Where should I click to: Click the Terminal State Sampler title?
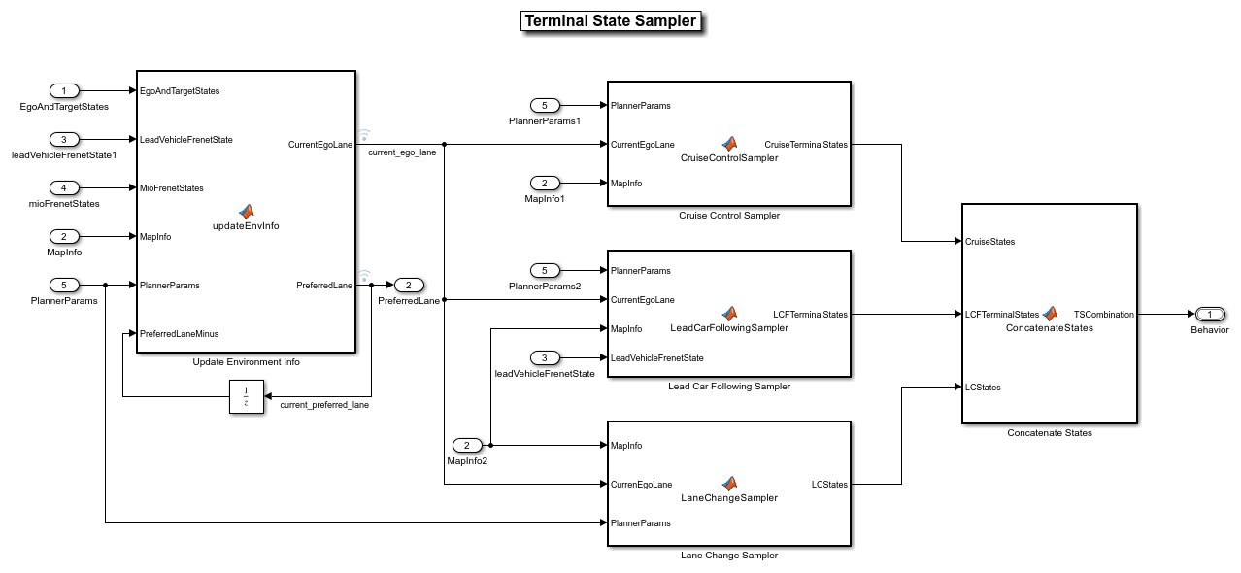point(610,21)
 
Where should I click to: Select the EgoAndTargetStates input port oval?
point(64,91)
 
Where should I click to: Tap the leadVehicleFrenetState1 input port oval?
point(64,140)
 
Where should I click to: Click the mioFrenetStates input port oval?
point(64,187)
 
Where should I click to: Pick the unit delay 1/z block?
point(247,396)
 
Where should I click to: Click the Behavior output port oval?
point(1210,315)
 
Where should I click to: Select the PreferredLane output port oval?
point(409,286)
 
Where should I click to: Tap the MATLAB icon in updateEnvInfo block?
point(247,211)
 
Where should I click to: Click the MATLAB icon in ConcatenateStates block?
point(1050,314)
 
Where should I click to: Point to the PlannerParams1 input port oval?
point(545,106)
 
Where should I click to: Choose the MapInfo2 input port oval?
point(467,446)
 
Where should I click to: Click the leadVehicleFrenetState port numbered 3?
point(545,358)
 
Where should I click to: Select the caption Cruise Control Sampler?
point(729,216)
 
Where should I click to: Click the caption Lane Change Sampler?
point(729,556)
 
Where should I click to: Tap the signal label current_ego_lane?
point(402,152)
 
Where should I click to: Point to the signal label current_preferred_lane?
point(324,404)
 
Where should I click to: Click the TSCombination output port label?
point(1103,315)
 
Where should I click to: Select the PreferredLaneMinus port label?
point(180,334)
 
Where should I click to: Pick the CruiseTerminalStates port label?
point(805,145)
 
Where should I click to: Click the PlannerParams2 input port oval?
point(545,271)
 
